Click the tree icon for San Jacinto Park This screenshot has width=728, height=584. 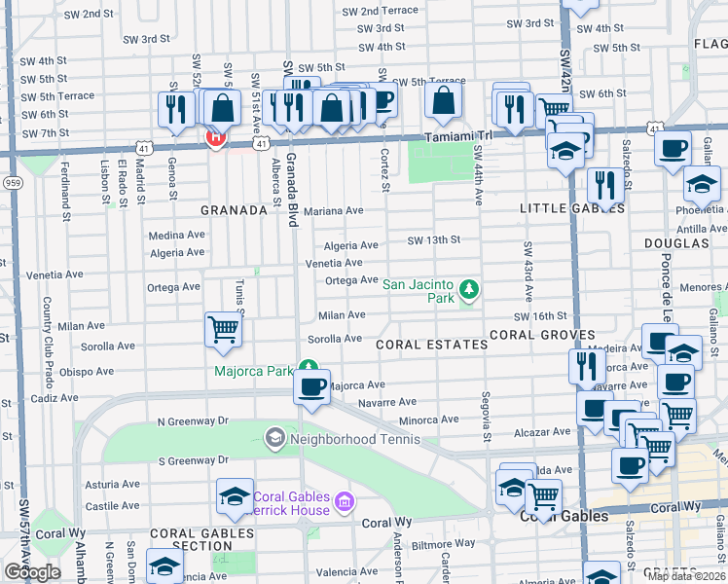click(x=469, y=289)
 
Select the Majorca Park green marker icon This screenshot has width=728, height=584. click(x=308, y=368)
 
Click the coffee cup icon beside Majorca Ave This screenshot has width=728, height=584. click(x=311, y=388)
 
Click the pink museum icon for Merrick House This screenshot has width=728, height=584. click(x=343, y=502)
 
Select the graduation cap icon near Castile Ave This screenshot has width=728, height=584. click(x=235, y=497)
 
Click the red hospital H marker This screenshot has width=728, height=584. click(x=214, y=137)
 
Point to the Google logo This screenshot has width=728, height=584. click(x=32, y=572)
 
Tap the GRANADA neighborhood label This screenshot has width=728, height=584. click(x=234, y=210)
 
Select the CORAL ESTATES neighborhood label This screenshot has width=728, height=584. click(x=432, y=345)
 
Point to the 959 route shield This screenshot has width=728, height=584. click(x=12, y=182)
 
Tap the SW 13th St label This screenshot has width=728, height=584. click(x=433, y=239)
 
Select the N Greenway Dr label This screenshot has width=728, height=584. click(x=192, y=420)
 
